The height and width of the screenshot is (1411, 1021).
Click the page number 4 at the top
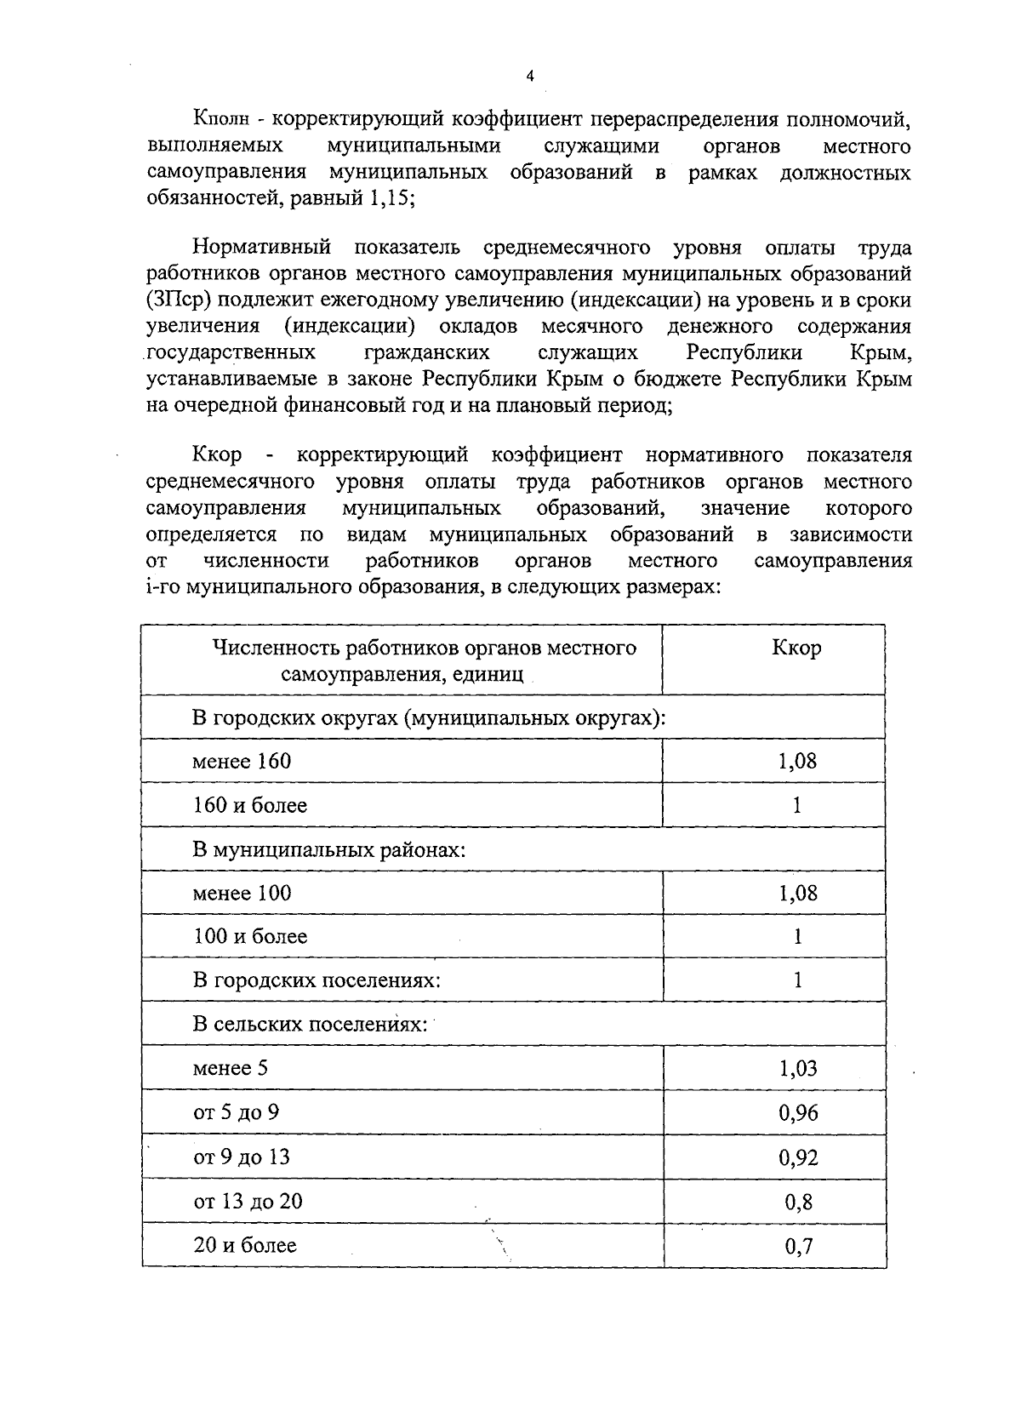528,77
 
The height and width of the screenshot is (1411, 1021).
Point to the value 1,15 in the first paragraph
389,197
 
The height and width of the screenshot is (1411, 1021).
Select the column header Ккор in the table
796,648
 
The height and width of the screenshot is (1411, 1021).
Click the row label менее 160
242,761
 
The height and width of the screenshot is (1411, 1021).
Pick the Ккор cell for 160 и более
797,805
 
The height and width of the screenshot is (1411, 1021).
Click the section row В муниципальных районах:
329,849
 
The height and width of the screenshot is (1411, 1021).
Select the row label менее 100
242,893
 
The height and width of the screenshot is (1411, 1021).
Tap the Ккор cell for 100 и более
797,937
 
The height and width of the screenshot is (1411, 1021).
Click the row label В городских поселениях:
317,980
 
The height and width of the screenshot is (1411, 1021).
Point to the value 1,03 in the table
797,1069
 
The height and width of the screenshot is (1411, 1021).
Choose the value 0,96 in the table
797,1113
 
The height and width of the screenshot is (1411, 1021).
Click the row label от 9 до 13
242,1157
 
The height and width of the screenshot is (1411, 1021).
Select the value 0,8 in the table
798,1202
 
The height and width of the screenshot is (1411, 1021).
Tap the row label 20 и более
245,1246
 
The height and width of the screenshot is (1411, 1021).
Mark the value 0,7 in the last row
798,1247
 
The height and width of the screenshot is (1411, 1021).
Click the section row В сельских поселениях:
310,1024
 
